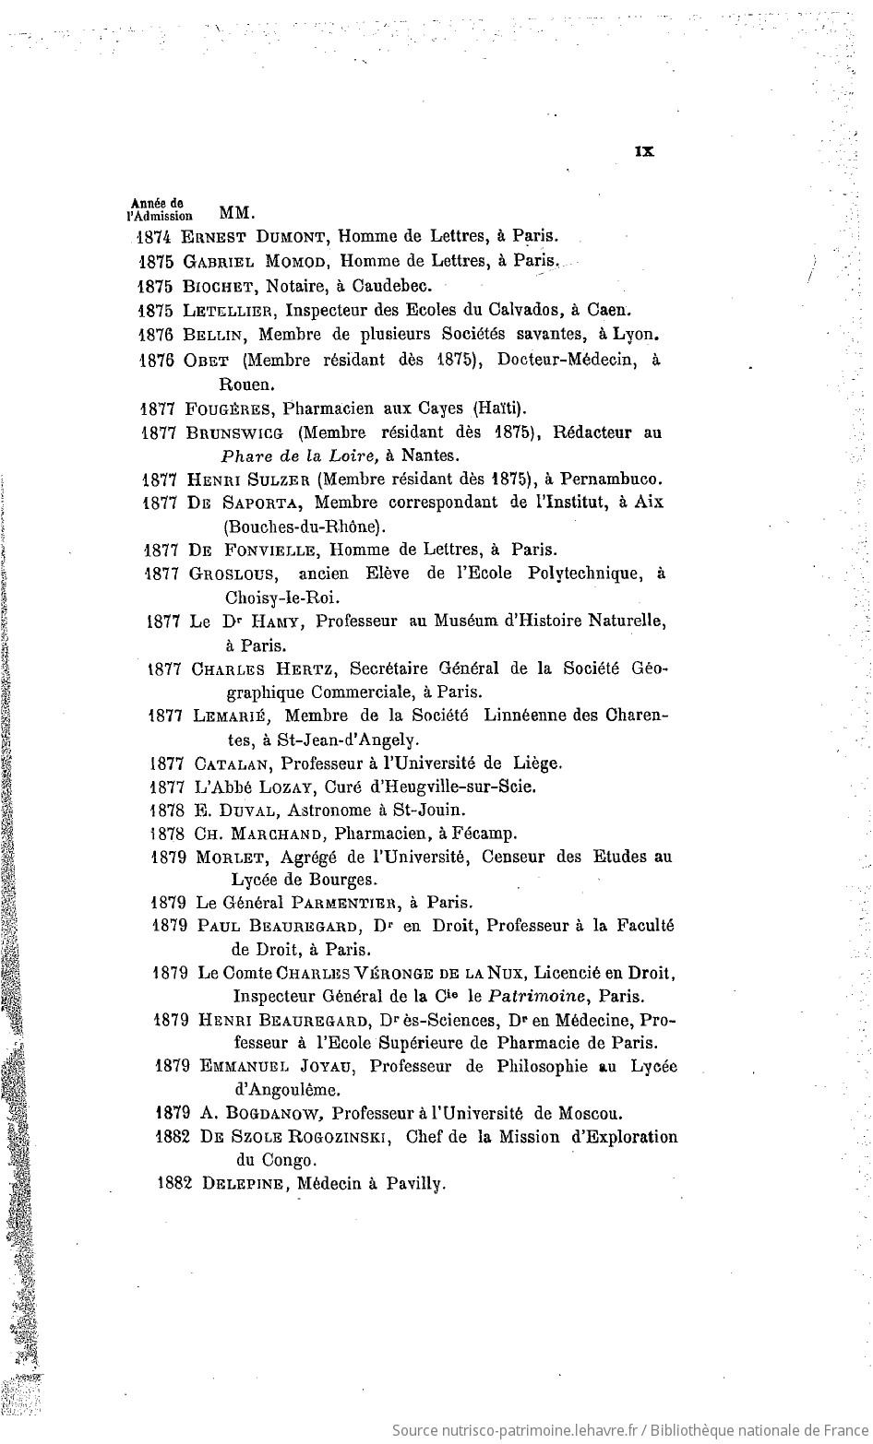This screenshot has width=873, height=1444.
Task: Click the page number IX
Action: [x=644, y=152]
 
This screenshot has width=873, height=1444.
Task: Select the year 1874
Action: [x=153, y=236]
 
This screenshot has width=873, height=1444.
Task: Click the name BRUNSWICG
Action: [x=235, y=432]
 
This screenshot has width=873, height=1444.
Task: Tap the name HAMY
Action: [x=276, y=621]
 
